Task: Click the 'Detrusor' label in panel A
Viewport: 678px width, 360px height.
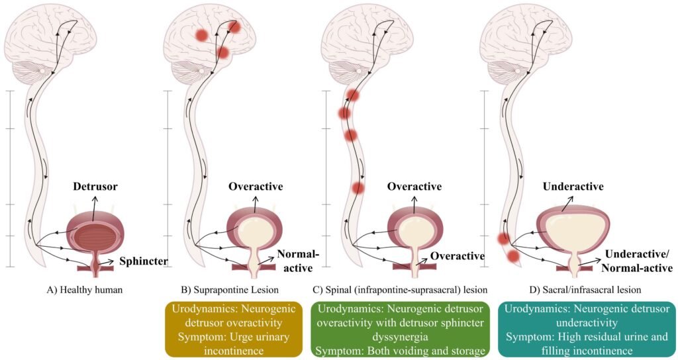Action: coord(95,187)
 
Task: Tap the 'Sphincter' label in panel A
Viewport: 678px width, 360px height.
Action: coord(143,262)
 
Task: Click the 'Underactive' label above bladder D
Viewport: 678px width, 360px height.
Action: coord(573,187)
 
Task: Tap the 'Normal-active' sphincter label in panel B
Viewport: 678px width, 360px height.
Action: coord(294,261)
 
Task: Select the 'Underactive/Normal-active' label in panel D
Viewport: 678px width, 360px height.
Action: coord(638,261)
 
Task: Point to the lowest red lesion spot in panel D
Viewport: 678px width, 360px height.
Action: coord(513,255)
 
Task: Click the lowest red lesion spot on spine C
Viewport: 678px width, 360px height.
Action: coord(358,188)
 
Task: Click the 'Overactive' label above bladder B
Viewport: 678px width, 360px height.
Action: coord(256,187)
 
